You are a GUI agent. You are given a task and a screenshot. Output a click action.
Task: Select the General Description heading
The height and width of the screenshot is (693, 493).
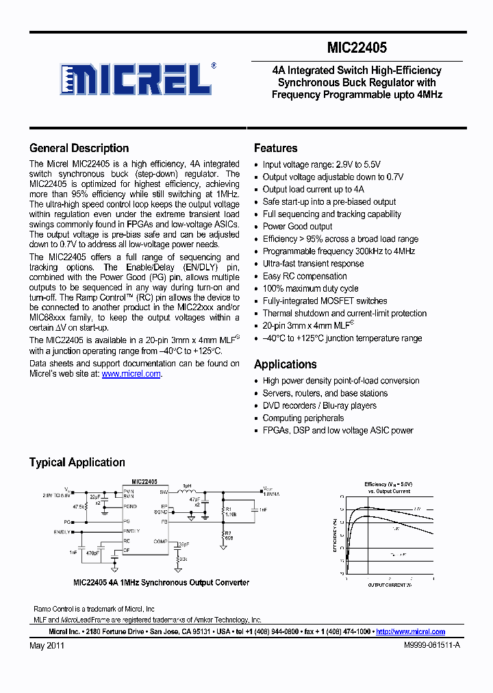click(x=79, y=148)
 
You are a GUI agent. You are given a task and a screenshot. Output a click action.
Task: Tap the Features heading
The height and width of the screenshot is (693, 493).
click(x=275, y=148)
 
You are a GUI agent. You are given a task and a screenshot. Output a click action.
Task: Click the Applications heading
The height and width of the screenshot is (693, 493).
click(x=285, y=364)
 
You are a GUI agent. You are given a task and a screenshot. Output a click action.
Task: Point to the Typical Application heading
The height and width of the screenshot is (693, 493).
click(x=77, y=462)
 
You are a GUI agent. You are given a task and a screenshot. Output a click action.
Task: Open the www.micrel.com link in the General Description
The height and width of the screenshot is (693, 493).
click(x=131, y=374)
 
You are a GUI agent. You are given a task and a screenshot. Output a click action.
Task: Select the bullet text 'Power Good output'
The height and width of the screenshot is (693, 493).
click(x=297, y=227)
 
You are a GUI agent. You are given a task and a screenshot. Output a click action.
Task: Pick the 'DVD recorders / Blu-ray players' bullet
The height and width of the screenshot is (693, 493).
click(x=319, y=405)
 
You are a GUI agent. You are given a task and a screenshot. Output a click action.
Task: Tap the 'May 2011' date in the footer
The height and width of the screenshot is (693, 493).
click(x=47, y=646)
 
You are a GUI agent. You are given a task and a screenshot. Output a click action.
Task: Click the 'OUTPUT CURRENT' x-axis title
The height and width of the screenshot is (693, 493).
click(x=389, y=585)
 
